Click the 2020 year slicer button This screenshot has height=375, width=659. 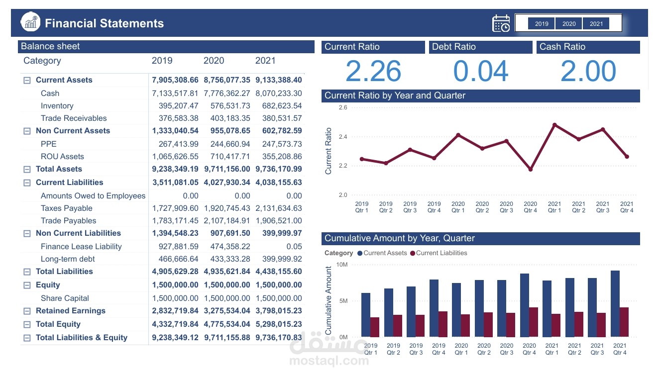[569, 23]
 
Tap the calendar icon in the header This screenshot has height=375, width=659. [501, 23]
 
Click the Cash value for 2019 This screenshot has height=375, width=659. [175, 94]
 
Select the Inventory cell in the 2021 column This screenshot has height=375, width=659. [282, 106]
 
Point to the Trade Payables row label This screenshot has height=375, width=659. [68, 221]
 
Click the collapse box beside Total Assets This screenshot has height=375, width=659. [27, 169]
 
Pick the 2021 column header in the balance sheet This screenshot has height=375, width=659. [265, 61]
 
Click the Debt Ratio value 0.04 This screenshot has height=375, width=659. [480, 71]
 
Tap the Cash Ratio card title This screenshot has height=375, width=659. [562, 47]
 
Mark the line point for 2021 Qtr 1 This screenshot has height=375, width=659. [554, 125]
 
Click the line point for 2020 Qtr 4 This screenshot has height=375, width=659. [531, 170]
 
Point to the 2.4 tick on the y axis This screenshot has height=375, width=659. [343, 137]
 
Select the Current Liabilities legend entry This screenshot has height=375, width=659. [439, 253]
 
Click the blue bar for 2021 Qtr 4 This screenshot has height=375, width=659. [615, 303]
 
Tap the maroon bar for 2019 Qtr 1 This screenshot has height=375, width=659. [374, 327]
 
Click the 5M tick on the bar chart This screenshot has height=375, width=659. [343, 301]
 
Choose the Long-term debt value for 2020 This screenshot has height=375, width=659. [230, 259]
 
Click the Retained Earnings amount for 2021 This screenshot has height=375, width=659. [279, 311]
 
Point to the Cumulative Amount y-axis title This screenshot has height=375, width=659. [329, 300]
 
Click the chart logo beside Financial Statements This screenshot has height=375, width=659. [30, 21]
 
